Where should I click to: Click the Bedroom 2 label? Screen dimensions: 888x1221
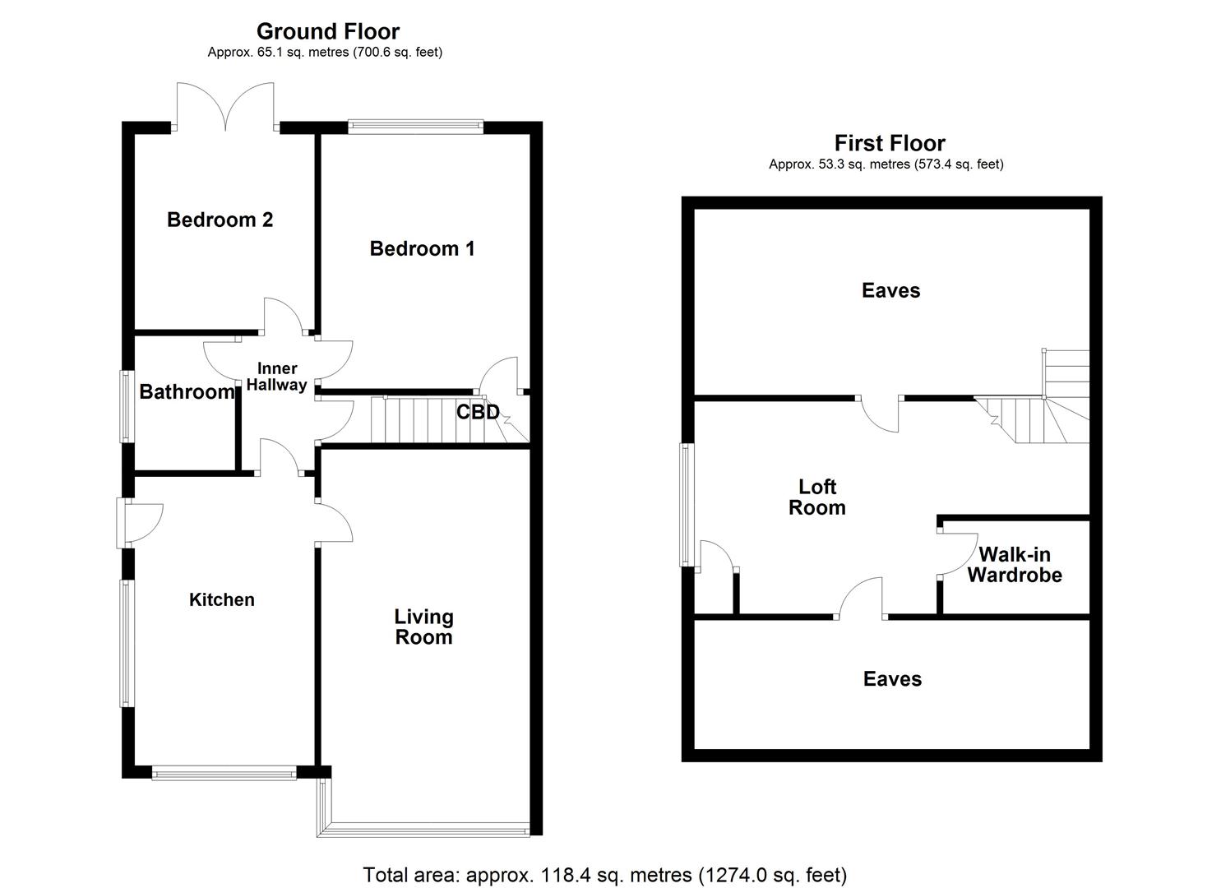220,220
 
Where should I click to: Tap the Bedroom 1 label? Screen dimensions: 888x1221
422,248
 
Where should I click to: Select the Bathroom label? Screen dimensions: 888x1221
187,391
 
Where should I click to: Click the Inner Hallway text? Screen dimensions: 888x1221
277,377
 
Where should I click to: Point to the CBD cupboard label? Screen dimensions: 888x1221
478,412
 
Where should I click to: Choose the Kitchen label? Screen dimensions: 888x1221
222,599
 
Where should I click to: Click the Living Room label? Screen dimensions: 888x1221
423,627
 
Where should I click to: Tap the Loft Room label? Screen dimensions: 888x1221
816,497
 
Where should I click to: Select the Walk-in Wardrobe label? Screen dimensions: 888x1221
1014,565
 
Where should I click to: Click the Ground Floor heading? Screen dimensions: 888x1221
327,31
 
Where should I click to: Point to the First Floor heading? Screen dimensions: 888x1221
890,143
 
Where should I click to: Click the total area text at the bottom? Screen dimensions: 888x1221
604,874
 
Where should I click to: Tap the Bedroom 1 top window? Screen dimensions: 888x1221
415,127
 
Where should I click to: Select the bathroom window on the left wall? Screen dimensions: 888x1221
127,406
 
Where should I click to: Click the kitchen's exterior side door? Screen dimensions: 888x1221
140,523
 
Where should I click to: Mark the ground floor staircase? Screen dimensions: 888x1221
419,420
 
